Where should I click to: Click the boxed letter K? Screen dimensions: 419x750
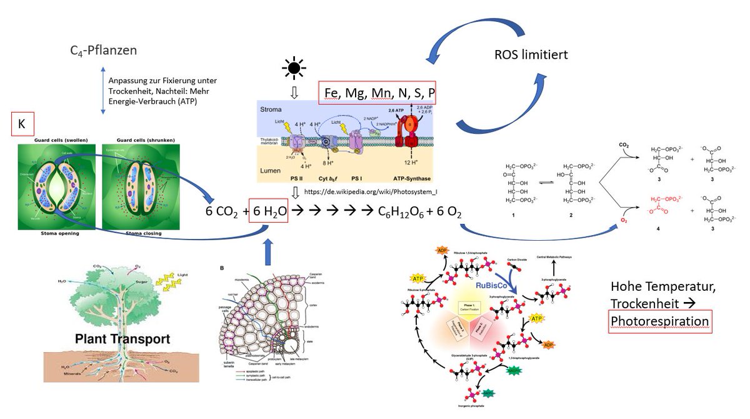click(21, 124)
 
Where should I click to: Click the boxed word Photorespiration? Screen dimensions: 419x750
click(660, 321)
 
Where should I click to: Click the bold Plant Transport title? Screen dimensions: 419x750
click(122, 340)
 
